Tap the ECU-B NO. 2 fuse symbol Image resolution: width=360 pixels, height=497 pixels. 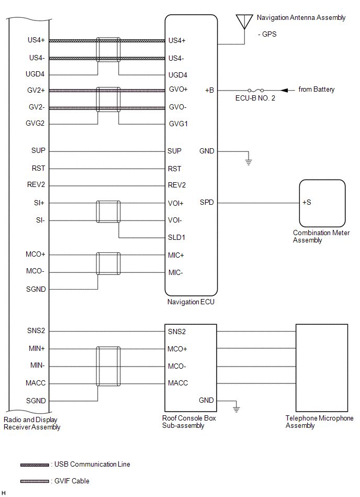[255, 90]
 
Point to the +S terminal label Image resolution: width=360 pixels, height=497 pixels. [307, 202]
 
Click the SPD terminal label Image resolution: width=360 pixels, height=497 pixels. [207, 202]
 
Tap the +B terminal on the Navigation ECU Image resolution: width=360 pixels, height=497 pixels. [209, 90]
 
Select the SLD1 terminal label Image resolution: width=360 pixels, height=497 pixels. [176, 237]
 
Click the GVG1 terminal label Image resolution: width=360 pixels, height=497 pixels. [178, 124]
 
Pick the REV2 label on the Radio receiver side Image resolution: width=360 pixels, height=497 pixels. [36, 184]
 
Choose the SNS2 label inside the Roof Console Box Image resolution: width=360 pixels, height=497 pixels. [177, 332]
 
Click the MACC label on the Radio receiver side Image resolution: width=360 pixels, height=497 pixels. [36, 383]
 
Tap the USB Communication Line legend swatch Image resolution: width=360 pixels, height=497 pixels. [35, 465]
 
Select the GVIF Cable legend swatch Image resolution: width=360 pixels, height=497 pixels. [35, 481]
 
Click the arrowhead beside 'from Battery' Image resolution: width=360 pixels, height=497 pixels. [284, 90]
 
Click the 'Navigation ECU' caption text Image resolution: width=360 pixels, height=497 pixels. [191, 302]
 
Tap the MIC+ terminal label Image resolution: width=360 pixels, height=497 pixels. [176, 255]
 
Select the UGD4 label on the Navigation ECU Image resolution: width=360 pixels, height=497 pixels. [177, 75]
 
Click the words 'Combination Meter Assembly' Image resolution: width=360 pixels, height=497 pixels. [321, 237]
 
